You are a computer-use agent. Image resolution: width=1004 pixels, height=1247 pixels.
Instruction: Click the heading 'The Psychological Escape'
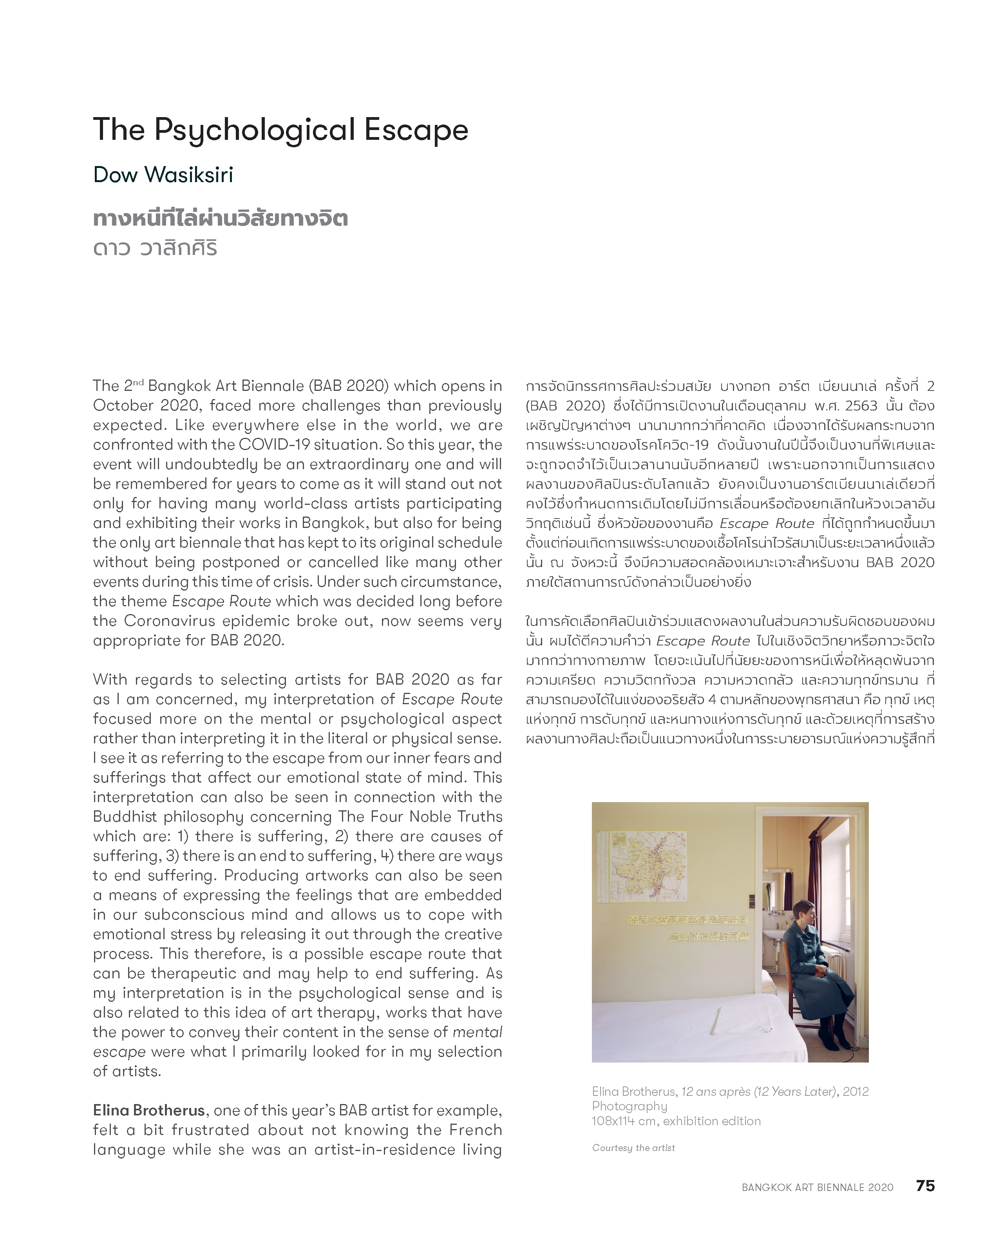click(x=280, y=130)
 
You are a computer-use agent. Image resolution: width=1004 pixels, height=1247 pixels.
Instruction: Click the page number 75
click(x=925, y=1186)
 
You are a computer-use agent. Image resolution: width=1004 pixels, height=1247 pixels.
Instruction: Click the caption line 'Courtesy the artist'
click(x=633, y=1148)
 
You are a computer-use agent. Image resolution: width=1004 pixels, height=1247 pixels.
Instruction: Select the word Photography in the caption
click(x=629, y=1106)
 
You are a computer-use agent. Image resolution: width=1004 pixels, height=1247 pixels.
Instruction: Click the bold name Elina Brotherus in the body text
click(x=149, y=1110)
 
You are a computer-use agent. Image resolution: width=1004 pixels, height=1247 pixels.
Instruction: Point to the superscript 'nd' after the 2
click(x=137, y=382)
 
